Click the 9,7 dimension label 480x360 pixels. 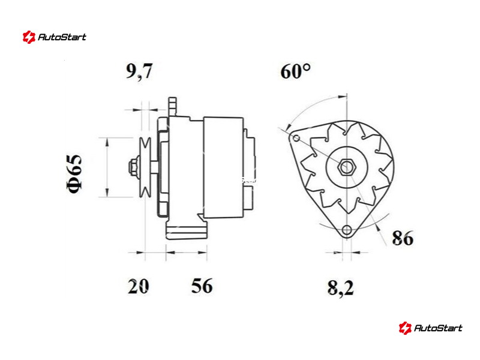139,71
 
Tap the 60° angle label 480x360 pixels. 295,71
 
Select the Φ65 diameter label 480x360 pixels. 74,174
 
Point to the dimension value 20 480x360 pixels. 138,286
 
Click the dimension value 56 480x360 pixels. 202,286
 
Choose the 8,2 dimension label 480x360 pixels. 340,288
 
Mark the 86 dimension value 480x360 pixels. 403,238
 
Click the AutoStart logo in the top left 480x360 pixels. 55,37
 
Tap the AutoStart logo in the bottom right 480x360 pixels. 430,328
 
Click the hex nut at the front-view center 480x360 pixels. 346,167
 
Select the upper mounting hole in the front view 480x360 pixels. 296,138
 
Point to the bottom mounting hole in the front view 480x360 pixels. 347,230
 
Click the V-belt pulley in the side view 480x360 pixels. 145,167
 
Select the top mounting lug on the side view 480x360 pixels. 173,107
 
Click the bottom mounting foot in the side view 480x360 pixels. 187,231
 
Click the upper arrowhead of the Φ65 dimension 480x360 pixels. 107,142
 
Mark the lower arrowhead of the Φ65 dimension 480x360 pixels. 107,193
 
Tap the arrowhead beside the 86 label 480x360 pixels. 379,227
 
